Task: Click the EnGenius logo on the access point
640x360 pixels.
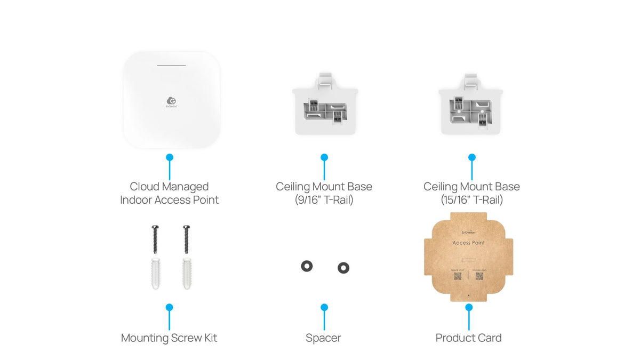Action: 172,101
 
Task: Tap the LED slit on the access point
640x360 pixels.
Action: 171,66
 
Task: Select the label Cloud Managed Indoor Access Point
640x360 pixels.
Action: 169,193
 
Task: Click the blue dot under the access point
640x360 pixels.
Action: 170,157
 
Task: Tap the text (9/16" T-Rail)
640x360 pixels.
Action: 324,200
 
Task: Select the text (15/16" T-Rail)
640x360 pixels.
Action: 471,200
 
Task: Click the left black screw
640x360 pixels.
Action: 155,239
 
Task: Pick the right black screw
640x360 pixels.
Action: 186,239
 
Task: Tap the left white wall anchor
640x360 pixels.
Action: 155,274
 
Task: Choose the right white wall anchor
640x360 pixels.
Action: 187,274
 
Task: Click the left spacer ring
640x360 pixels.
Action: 307,266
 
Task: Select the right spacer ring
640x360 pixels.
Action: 343,268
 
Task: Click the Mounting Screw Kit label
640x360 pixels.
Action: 169,338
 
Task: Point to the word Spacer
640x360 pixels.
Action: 323,338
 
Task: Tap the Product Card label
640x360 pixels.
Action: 468,338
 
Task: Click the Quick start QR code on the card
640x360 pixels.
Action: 458,277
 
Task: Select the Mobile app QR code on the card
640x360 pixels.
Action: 479,277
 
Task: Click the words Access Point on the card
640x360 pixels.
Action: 468,243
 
